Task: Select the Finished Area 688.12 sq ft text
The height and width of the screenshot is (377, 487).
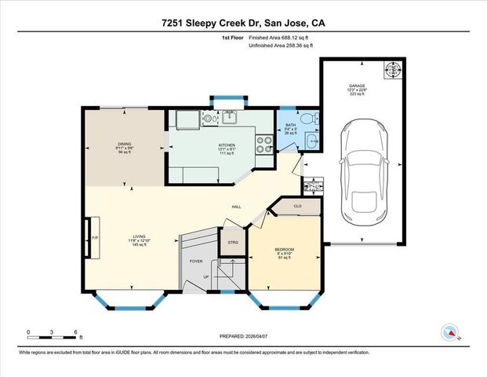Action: (x=279, y=37)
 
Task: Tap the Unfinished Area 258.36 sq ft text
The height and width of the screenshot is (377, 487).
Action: (x=279, y=46)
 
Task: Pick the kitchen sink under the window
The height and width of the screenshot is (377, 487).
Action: (x=230, y=119)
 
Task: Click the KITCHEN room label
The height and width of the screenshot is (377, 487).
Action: (x=227, y=146)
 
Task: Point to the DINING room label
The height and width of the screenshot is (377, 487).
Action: (x=124, y=145)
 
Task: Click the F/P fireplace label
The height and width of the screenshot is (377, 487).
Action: (x=95, y=237)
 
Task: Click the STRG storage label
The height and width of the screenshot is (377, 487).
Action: (x=233, y=243)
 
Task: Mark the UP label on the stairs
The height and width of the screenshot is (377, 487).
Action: (x=206, y=277)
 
